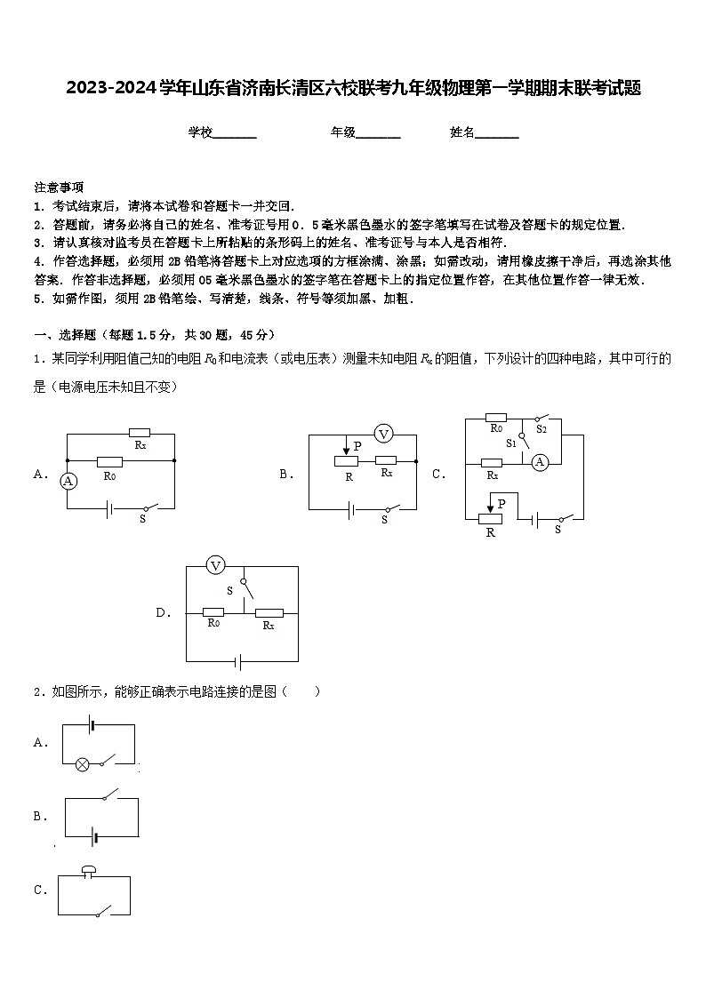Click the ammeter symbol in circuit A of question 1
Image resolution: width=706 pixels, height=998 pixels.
[67, 480]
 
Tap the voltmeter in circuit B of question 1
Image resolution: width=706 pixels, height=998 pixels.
[383, 434]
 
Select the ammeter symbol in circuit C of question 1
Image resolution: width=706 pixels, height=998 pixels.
[539, 461]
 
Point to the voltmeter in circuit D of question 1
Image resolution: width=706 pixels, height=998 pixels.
[214, 565]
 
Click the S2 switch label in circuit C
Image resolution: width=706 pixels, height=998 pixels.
[542, 429]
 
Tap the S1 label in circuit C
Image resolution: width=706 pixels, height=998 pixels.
[511, 443]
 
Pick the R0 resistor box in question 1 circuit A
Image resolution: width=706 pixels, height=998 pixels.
[109, 461]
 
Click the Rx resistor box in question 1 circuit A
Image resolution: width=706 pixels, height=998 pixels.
[140, 434]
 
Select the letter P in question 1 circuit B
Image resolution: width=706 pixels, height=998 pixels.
[357, 445]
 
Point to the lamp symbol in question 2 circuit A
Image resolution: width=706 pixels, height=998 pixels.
[82, 762]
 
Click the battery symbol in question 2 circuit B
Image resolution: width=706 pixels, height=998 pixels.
[92, 836]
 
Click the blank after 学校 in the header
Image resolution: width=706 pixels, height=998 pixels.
[235, 133]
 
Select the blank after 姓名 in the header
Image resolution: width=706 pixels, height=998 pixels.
[497, 133]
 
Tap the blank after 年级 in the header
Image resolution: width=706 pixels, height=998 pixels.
[378, 133]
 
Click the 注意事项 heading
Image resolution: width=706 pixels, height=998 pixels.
[59, 188]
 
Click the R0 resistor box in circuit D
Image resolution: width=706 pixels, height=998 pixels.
[213, 611]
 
